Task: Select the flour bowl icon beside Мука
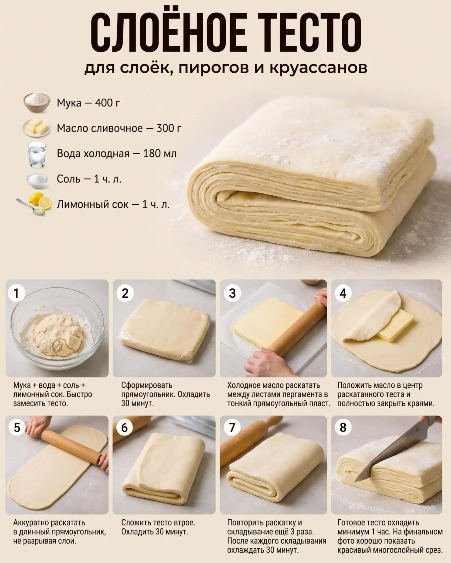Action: (37, 102)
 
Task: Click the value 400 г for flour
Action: (107, 103)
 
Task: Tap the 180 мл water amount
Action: (160, 154)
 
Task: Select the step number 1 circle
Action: (16, 293)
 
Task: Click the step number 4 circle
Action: (343, 293)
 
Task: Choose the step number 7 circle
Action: (232, 428)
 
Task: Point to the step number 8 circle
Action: (343, 428)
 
